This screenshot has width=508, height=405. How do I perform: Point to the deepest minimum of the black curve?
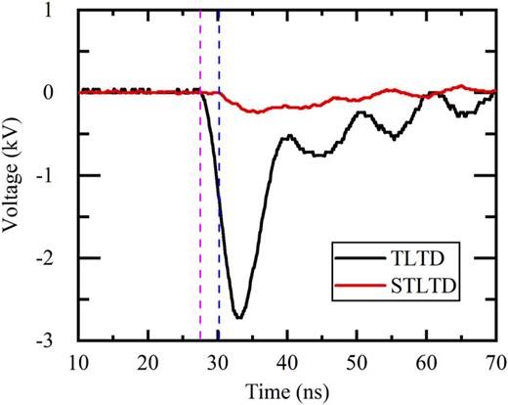(x=237, y=317)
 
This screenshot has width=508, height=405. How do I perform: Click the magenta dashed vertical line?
(x=200, y=196)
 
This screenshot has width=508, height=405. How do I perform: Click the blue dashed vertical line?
(x=219, y=196)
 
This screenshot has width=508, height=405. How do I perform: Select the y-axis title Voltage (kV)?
(x=15, y=175)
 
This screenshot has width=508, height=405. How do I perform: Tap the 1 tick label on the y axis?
(x=62, y=10)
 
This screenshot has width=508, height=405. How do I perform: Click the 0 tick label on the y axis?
(x=62, y=92)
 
